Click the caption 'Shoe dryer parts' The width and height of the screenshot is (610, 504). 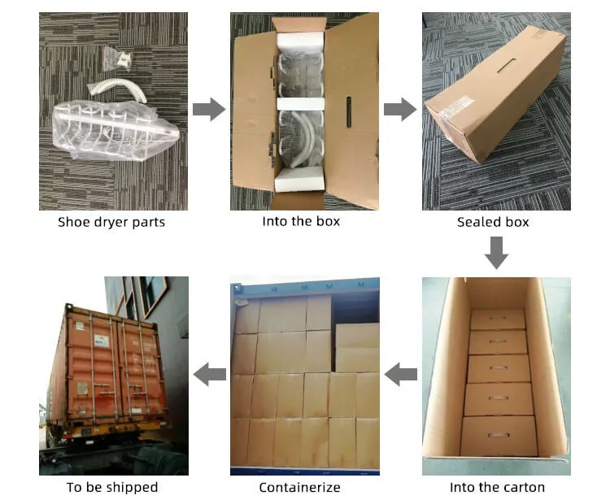(111, 222)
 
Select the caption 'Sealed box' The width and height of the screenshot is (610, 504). (493, 222)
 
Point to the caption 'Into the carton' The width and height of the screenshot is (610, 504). (497, 487)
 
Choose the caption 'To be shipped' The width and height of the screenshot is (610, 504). (112, 487)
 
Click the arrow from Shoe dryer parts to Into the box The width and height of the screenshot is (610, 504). (209, 109)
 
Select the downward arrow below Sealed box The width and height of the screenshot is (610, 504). (496, 253)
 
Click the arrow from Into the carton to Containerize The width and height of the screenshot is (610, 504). (400, 375)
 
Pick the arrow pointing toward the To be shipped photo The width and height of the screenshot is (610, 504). (209, 375)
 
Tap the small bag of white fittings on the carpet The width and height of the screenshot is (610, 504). (120, 57)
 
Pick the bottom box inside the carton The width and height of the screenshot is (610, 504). (498, 435)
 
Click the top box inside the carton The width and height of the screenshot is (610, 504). (497, 319)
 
